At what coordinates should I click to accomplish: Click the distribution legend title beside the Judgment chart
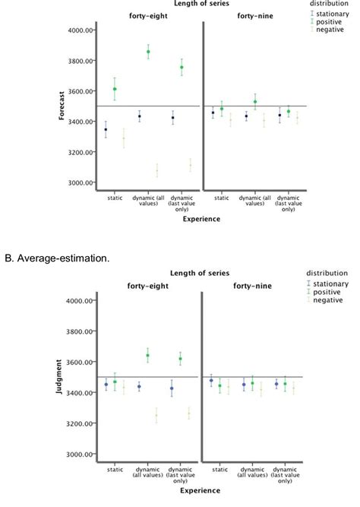327,273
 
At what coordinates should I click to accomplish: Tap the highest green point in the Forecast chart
148,52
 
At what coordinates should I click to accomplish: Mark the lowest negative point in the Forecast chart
156,171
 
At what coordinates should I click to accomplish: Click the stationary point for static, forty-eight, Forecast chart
106,130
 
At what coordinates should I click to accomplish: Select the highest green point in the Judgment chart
148,355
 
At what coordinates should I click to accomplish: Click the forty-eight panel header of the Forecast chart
148,14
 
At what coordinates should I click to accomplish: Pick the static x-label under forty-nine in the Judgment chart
221,471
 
